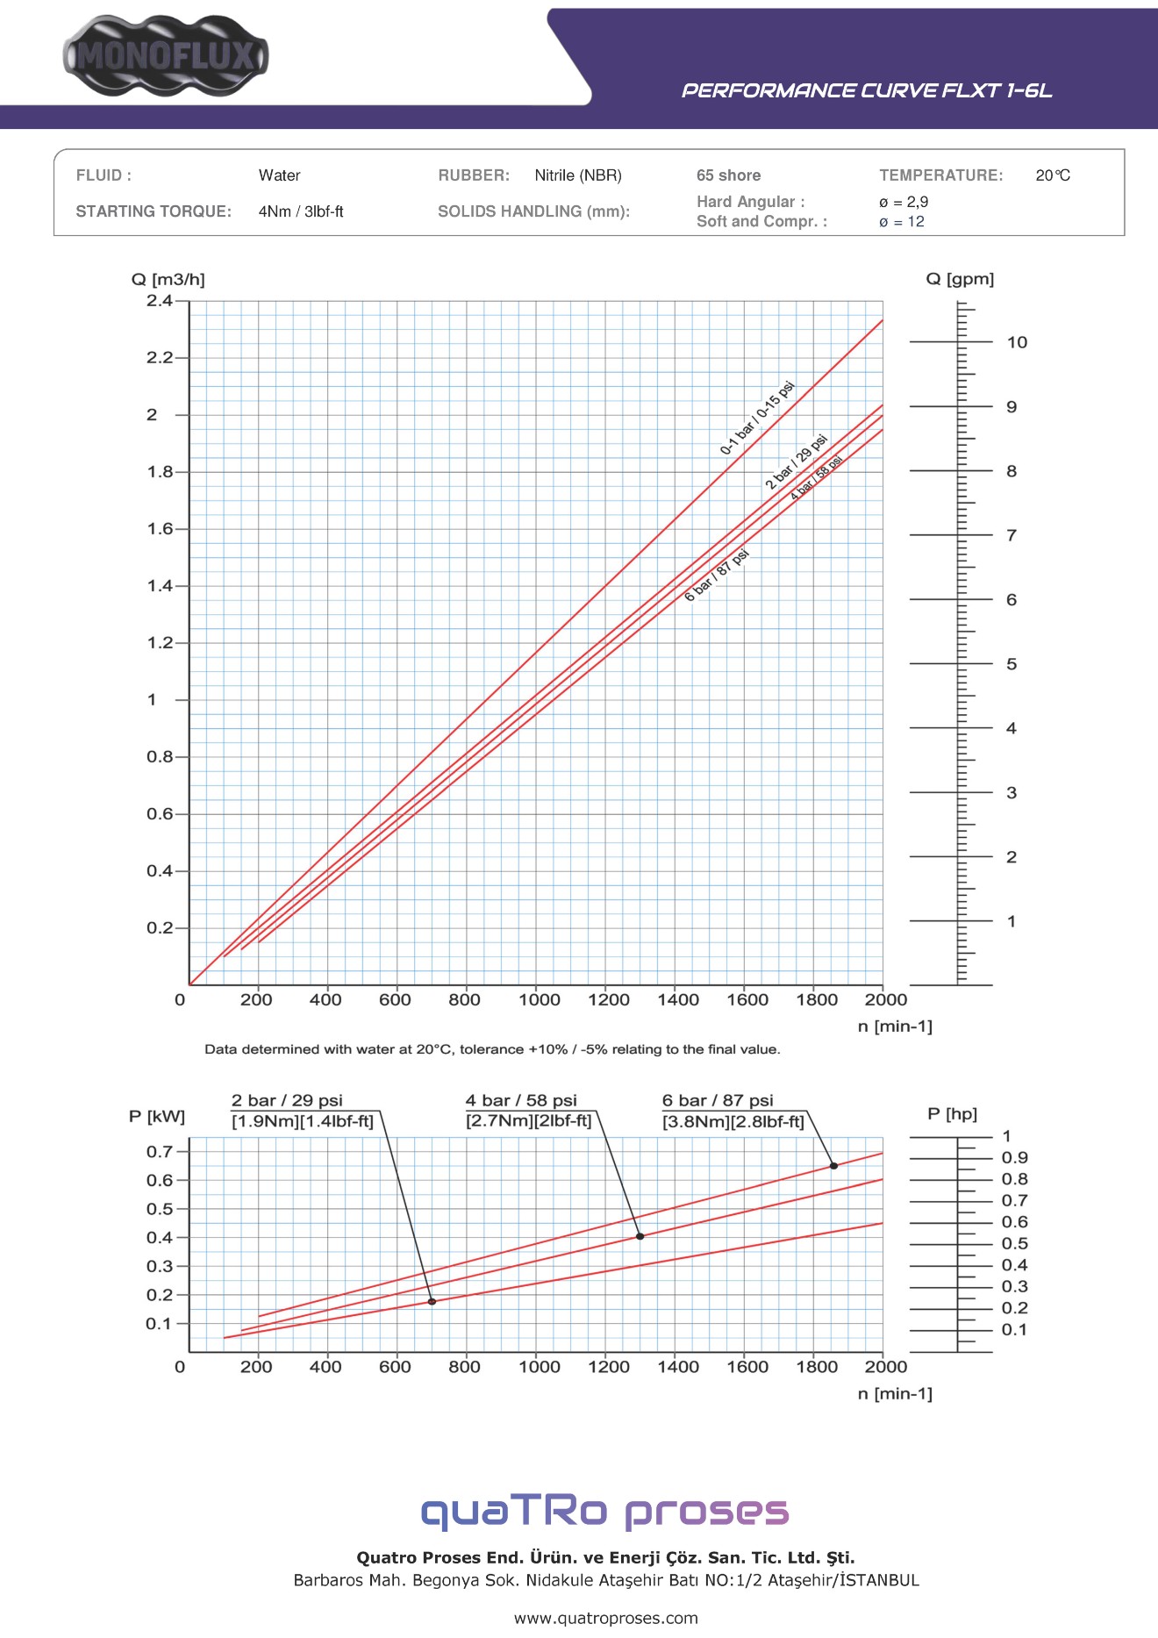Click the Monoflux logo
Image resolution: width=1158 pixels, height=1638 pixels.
pyautogui.click(x=166, y=56)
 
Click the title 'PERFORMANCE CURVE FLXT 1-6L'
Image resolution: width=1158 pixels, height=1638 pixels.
pyautogui.click(x=867, y=90)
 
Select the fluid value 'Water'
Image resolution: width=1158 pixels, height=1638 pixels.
pyautogui.click(x=279, y=175)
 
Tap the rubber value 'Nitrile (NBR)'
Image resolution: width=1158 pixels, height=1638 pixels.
pyautogui.click(x=578, y=175)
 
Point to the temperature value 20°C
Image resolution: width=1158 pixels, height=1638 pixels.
pyautogui.click(x=1053, y=175)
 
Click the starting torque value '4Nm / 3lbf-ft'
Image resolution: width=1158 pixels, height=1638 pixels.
pyautogui.click(x=301, y=211)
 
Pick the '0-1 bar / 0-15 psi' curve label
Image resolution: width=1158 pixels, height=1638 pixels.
pyautogui.click(x=757, y=418)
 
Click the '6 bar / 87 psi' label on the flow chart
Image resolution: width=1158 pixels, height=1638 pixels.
pyautogui.click(x=717, y=575)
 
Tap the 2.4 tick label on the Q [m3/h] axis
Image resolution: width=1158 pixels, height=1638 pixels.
pyautogui.click(x=160, y=301)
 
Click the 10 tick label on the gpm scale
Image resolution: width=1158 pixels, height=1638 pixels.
pyautogui.click(x=1017, y=342)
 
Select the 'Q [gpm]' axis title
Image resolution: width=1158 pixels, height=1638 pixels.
pyautogui.click(x=960, y=279)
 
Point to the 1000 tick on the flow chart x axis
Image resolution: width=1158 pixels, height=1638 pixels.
pyautogui.click(x=539, y=999)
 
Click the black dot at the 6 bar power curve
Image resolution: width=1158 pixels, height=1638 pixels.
pyautogui.click(x=833, y=1166)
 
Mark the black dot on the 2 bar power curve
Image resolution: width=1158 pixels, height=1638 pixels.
pyautogui.click(x=432, y=1302)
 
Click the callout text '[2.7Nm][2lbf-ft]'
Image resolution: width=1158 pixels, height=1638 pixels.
pyautogui.click(x=529, y=1121)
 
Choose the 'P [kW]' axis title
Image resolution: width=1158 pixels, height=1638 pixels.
pyautogui.click(x=157, y=1116)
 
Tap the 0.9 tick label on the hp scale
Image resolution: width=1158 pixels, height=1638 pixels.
pyautogui.click(x=1015, y=1158)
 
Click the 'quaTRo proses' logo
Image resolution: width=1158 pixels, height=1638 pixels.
pyautogui.click(x=605, y=1511)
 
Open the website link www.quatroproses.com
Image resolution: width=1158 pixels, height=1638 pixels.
pyautogui.click(x=606, y=1618)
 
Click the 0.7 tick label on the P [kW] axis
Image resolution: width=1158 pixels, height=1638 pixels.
pyautogui.click(x=160, y=1151)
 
